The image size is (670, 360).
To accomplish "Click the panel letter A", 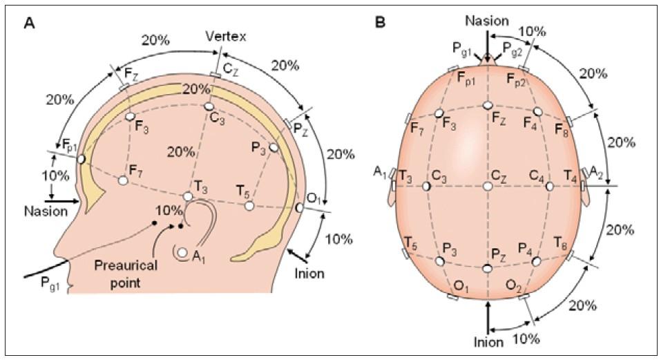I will coord(29,23).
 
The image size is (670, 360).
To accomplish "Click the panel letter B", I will coord(380,23).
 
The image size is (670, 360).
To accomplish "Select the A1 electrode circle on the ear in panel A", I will coord(182,254).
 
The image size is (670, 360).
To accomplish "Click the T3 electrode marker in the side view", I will coord(187,197).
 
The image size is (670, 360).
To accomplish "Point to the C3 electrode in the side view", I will coord(209,107).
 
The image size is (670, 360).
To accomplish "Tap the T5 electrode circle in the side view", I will coord(249,206).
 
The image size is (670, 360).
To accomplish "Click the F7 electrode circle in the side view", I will coord(124,180).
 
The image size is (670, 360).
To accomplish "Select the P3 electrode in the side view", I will coord(274,148).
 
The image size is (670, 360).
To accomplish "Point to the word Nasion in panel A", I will coord(44,211).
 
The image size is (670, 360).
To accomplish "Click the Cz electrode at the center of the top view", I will coord(488,187).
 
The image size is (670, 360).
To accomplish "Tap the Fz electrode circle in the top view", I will coord(488,105).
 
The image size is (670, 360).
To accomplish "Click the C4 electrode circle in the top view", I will coord(550,186).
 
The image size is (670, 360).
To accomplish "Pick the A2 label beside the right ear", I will coord(597,173).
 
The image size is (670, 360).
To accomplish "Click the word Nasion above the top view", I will coord(488,22).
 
